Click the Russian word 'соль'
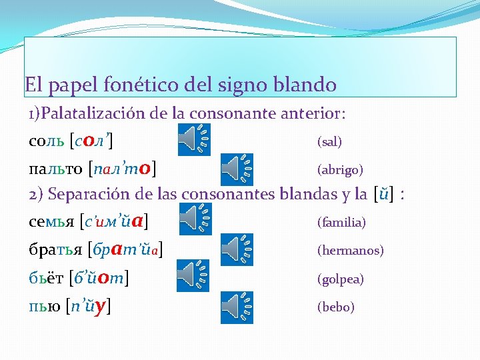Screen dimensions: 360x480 tap(47, 141)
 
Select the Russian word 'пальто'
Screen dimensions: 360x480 tap(56, 168)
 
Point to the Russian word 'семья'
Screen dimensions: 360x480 tap(51, 221)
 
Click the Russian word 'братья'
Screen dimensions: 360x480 tap(56, 249)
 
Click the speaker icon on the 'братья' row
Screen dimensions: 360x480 tap(237, 248)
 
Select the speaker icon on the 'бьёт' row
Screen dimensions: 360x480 tap(193, 276)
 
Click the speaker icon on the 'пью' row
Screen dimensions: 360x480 tap(237, 307)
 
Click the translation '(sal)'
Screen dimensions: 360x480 tap(329, 142)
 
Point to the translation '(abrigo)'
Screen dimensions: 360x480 tap(340, 170)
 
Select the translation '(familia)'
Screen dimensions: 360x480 tap(341, 222)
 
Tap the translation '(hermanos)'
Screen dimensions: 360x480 tap(350, 251)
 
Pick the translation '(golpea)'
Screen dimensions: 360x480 tap(341, 279)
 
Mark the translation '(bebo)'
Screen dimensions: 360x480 tap(335, 307)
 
